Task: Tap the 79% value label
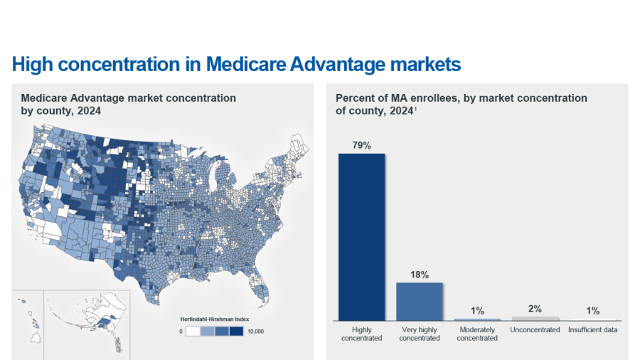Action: click(361, 145)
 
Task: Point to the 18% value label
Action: click(419, 275)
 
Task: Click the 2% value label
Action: click(535, 309)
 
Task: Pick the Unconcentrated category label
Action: click(535, 330)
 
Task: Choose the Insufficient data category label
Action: click(592, 330)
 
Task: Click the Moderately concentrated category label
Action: click(477, 334)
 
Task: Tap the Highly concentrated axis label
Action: click(361, 334)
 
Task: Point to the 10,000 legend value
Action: click(254, 332)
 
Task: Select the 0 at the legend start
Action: click(181, 332)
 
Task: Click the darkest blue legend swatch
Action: click(236, 332)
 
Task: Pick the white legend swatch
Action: click(193, 332)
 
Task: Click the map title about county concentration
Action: click(128, 104)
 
